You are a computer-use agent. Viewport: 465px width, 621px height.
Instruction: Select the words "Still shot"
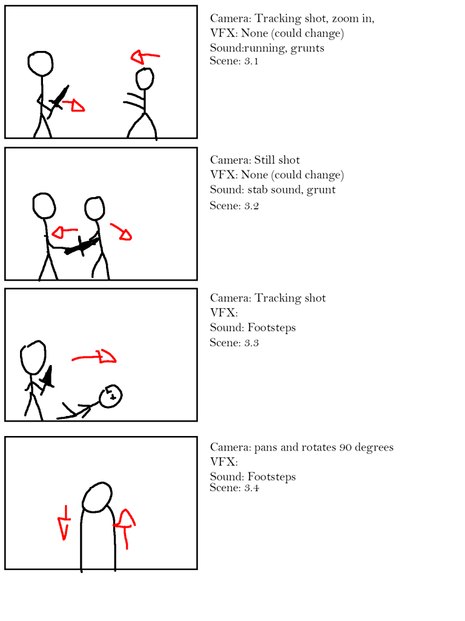click(x=277, y=159)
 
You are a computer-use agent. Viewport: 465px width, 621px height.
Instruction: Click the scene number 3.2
click(x=251, y=206)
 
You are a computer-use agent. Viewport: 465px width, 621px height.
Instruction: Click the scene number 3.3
click(x=251, y=343)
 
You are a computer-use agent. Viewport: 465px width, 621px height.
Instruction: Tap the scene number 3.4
click(x=251, y=488)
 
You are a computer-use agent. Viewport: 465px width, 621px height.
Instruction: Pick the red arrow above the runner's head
click(x=145, y=56)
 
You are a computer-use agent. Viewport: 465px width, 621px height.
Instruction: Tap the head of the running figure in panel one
click(x=145, y=79)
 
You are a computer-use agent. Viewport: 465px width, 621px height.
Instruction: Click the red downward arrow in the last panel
click(x=64, y=522)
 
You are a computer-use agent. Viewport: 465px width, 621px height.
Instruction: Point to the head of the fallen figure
click(x=110, y=396)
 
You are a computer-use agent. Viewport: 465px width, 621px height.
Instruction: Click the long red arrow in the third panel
click(x=94, y=357)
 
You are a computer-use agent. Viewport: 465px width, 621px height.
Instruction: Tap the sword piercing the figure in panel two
click(x=82, y=246)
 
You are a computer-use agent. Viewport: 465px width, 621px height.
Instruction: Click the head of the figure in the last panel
click(x=97, y=497)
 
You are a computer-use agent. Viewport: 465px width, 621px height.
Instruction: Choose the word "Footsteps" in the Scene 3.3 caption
click(x=272, y=328)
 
